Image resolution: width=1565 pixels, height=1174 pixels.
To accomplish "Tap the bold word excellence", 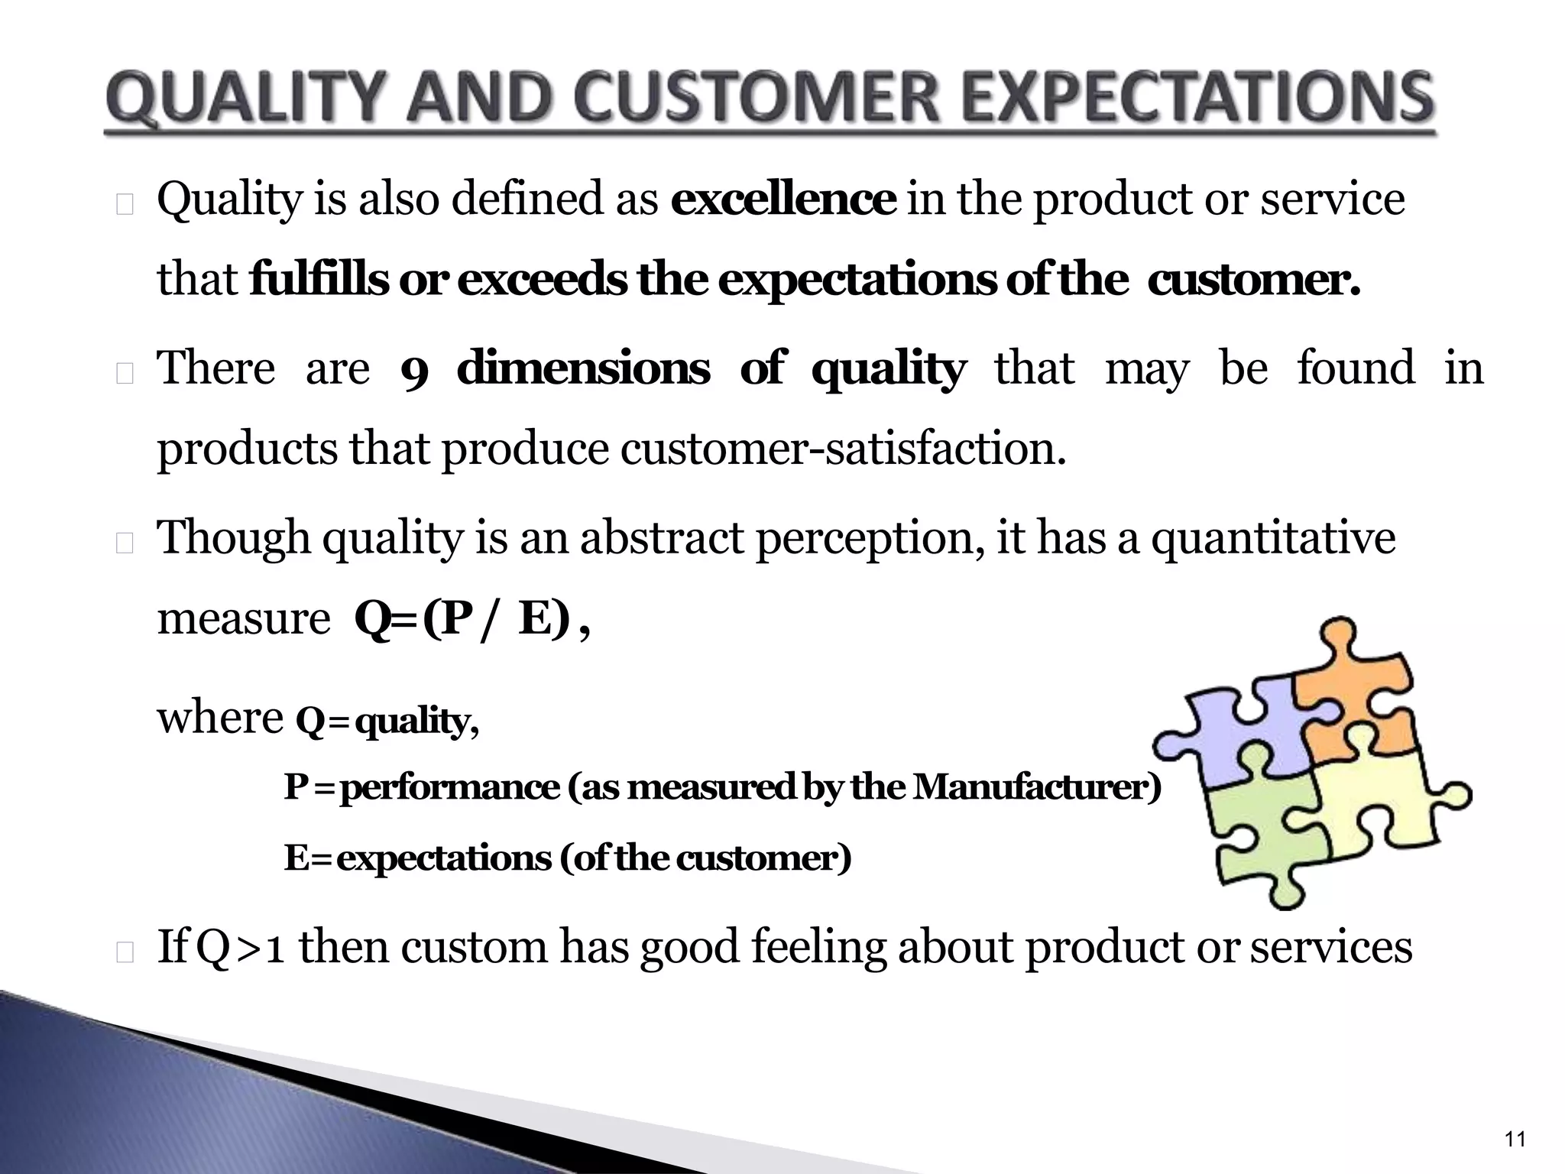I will point(783,199).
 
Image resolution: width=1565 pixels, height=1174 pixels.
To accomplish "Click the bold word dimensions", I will point(583,368).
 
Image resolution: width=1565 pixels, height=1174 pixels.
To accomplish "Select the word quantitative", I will point(1273,537).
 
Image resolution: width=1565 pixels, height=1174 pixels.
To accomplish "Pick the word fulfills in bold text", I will point(319,280).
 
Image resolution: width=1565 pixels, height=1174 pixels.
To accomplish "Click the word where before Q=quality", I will point(220,718).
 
